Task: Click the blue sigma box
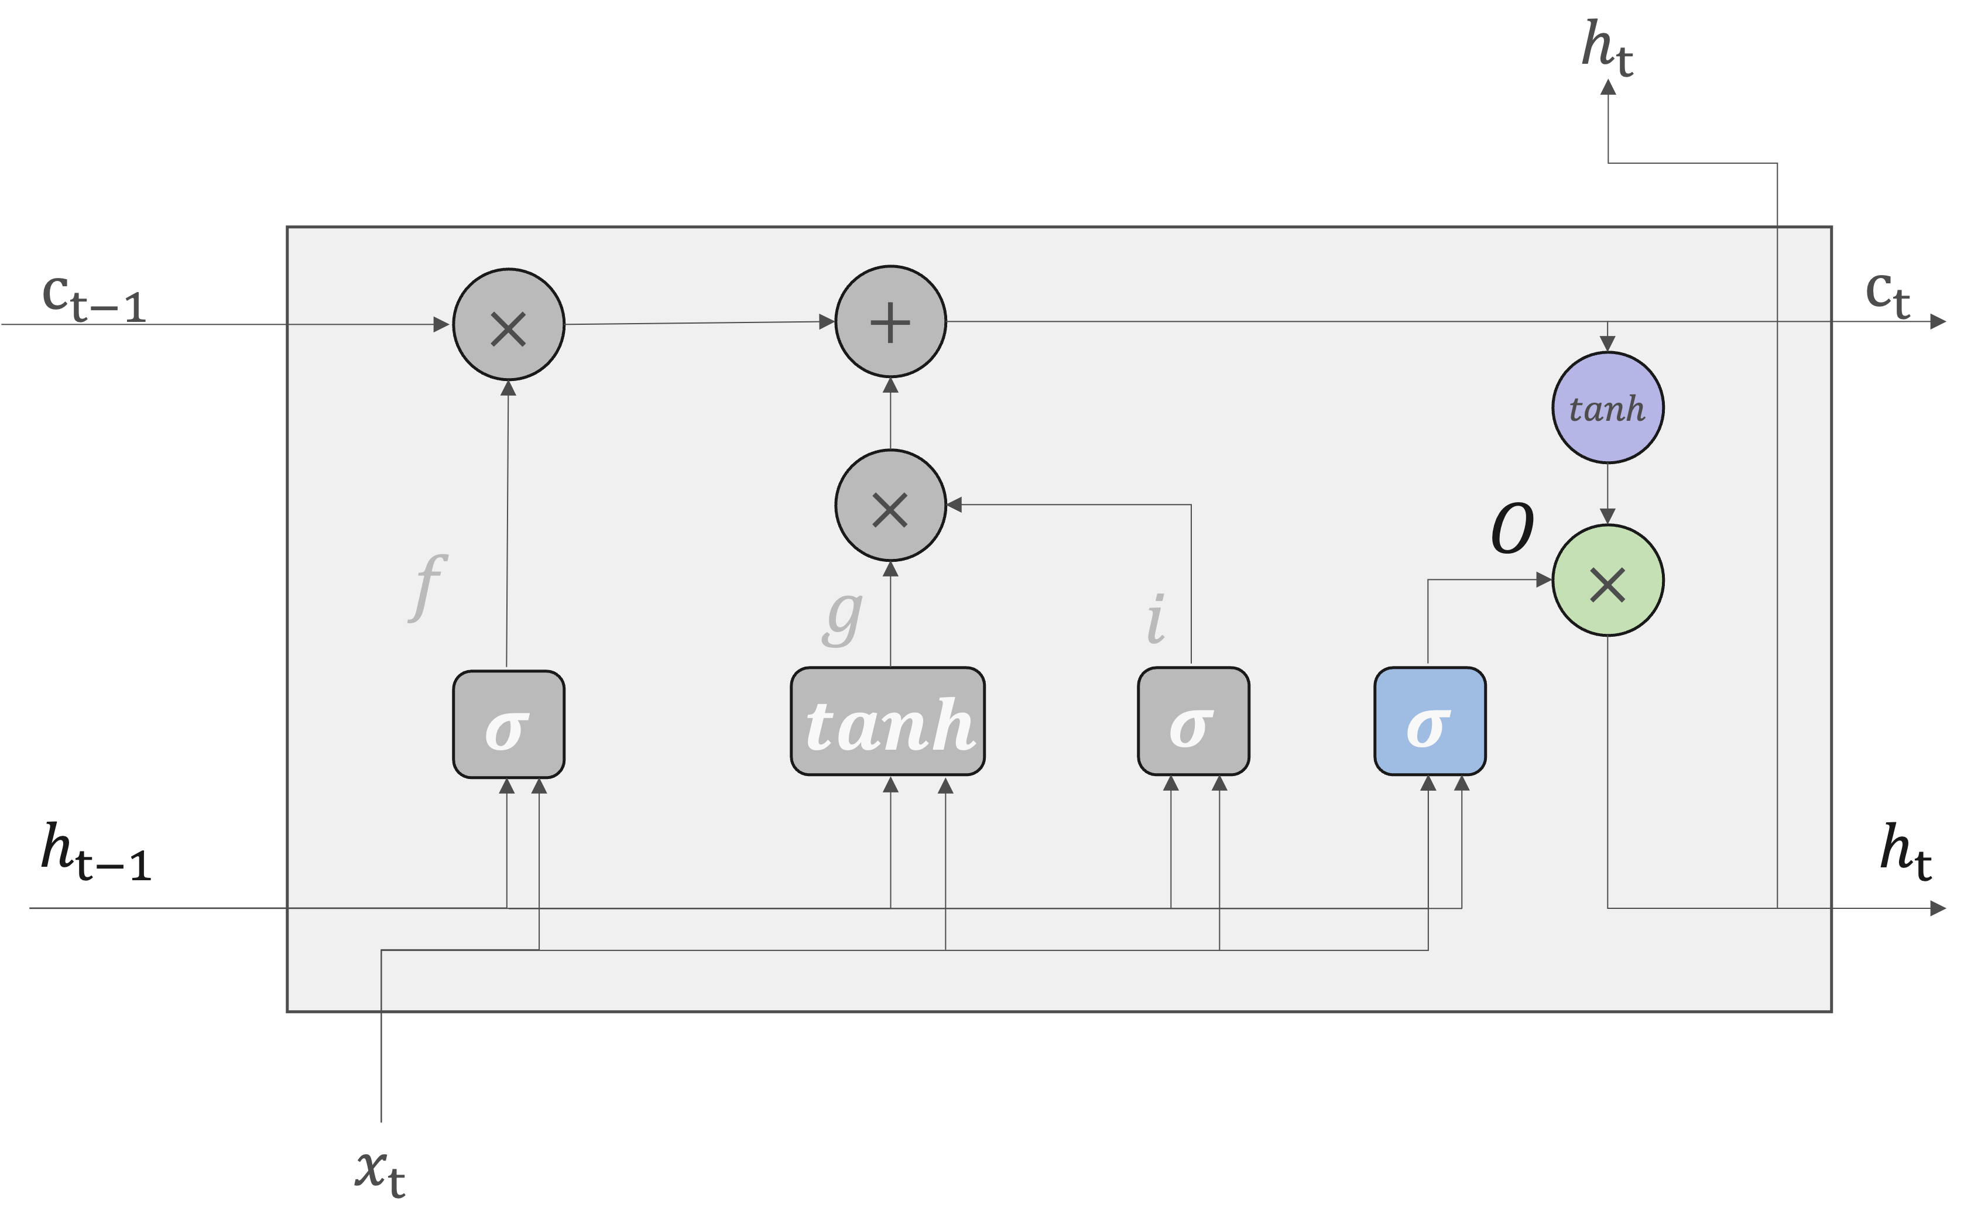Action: [1430, 722]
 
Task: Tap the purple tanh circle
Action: [1607, 408]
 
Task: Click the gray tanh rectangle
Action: [888, 722]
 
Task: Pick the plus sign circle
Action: [890, 321]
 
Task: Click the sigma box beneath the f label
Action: [509, 724]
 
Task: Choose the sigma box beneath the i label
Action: [1194, 722]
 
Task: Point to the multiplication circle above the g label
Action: [890, 506]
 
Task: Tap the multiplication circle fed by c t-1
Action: [509, 325]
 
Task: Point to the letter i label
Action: [1156, 619]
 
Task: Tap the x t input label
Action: [380, 1172]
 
